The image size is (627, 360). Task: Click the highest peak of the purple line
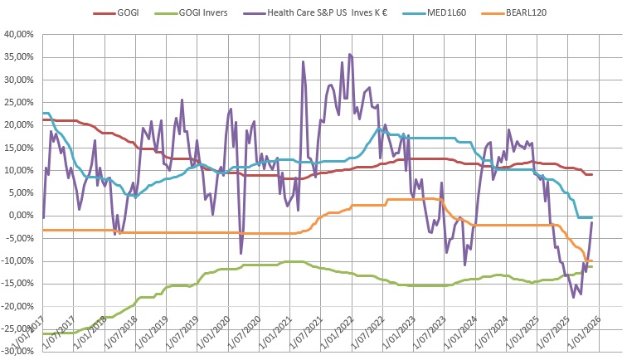tap(349, 54)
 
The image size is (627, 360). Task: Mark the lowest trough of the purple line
tap(572, 297)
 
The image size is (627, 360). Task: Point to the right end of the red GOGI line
tap(591, 174)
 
